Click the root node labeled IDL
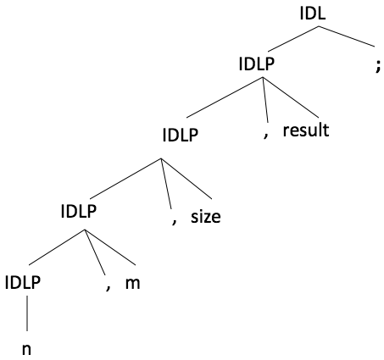(x=313, y=14)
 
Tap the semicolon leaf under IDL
(x=378, y=68)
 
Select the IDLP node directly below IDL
(x=257, y=64)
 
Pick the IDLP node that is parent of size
(x=181, y=135)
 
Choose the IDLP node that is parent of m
(x=79, y=211)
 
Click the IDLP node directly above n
(x=23, y=282)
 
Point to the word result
(x=306, y=130)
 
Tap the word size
(x=206, y=217)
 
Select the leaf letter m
(x=132, y=283)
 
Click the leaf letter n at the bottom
(x=26, y=349)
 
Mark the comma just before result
(x=265, y=136)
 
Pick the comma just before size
(x=174, y=222)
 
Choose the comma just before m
(x=108, y=288)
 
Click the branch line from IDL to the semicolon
(x=347, y=36)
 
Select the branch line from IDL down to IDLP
(x=293, y=39)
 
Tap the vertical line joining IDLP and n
(x=27, y=313)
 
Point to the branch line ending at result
(x=291, y=97)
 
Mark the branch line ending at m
(x=110, y=247)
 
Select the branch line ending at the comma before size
(x=166, y=184)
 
